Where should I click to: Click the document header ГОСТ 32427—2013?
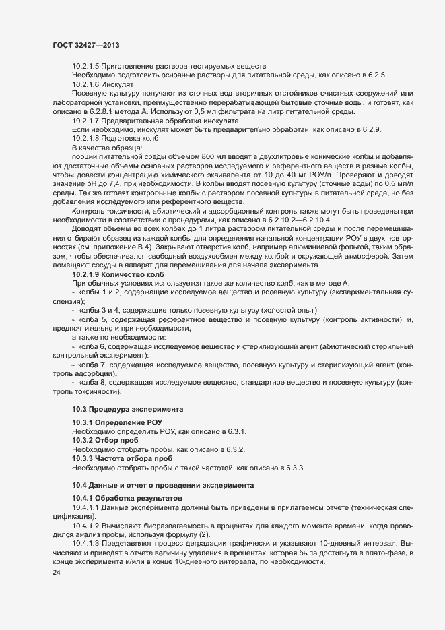pyautogui.click(x=87, y=44)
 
